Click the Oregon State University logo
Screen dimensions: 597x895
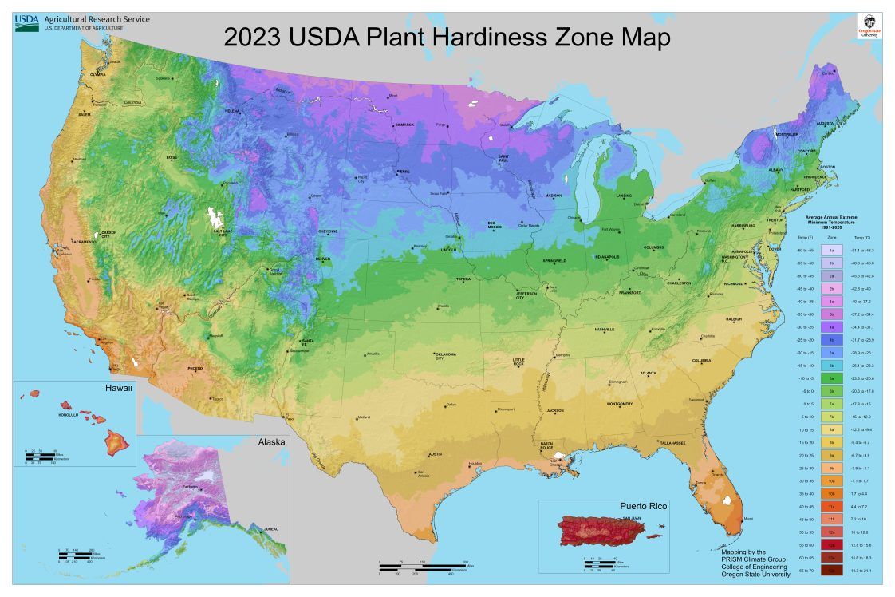click(869, 25)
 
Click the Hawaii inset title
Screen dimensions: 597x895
click(116, 388)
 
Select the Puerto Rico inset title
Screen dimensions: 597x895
click(644, 506)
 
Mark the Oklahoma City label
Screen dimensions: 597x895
click(445, 355)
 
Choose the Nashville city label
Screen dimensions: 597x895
click(604, 330)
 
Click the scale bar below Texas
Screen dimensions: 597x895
click(414, 567)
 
